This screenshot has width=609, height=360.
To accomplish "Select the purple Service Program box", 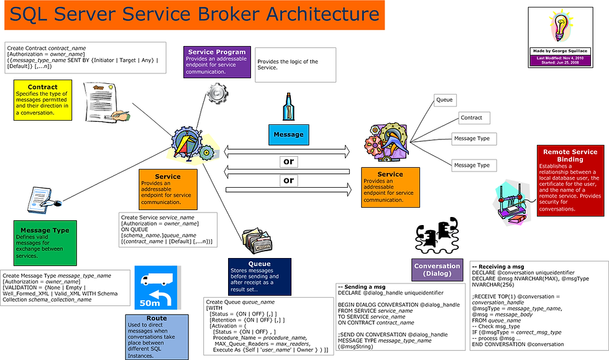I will click(217, 61).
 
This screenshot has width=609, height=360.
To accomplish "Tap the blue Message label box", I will click(288, 134).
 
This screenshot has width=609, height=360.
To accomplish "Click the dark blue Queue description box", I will click(260, 277).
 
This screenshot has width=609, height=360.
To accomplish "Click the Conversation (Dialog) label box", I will click(437, 270).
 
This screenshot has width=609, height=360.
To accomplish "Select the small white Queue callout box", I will click(444, 99).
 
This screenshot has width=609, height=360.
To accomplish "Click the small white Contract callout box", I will click(471, 118).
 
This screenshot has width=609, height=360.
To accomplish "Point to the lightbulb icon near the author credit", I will click(557, 27).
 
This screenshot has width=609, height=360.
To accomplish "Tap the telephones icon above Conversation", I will click(436, 235).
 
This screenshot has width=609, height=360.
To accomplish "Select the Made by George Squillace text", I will click(557, 51).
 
